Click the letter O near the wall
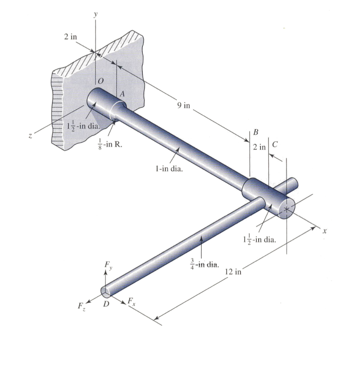[x=100, y=81]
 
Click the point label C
[x=275, y=144]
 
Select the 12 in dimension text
[x=233, y=272]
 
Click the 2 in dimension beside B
[x=260, y=147]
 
